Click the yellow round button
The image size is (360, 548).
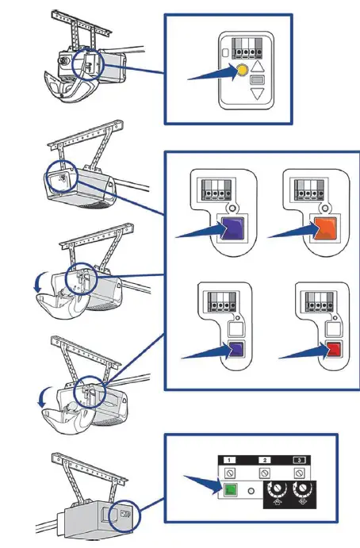click(x=242, y=70)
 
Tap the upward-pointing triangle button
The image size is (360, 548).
click(x=257, y=67)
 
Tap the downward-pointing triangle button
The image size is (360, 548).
click(x=258, y=94)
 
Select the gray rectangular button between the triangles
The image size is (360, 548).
click(x=258, y=80)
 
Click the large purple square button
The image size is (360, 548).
click(x=232, y=228)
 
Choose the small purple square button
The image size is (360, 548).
click(x=236, y=349)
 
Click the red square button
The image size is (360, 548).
click(x=333, y=349)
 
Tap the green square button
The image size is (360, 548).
click(x=230, y=489)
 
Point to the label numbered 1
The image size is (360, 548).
click(x=229, y=460)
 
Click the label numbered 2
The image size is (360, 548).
click(x=264, y=460)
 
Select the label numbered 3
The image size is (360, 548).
click(x=299, y=460)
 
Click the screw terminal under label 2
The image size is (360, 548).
click(x=264, y=473)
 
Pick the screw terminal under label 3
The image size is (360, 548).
click(x=299, y=473)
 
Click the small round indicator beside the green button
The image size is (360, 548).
click(x=251, y=491)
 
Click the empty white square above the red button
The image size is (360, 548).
click(x=333, y=329)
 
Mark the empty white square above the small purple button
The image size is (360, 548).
click(x=236, y=329)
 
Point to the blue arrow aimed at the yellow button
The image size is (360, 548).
click(x=213, y=74)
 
